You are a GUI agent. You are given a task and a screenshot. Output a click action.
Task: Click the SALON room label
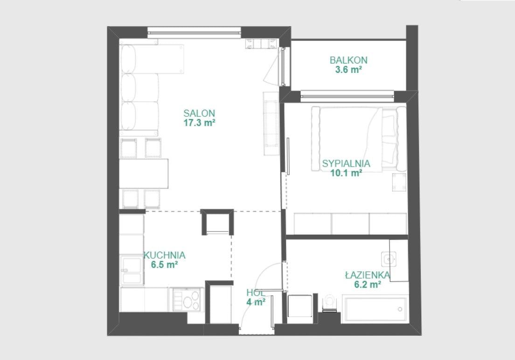199,113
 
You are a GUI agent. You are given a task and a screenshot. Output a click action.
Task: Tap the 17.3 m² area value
199,123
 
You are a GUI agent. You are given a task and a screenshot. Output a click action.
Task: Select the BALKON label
348,60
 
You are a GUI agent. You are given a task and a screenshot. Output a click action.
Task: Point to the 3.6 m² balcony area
348,70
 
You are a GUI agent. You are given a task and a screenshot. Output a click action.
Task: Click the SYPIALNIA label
346,163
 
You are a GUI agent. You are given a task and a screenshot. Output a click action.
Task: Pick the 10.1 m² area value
346,173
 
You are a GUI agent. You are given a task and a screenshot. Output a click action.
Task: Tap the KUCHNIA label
165,255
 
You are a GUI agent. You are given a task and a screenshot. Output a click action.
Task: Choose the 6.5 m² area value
165,265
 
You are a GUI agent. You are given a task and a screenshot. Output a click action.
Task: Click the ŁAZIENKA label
368,275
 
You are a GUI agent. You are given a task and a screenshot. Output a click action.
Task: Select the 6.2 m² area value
368,284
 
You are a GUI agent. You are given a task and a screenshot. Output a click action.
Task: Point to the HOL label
256,293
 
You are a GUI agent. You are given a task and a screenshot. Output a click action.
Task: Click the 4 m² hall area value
256,302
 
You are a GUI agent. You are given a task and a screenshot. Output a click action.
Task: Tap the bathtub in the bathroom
375,309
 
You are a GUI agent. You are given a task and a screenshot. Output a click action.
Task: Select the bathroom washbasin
389,259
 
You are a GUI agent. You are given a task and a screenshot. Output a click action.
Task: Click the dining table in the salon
144,174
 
